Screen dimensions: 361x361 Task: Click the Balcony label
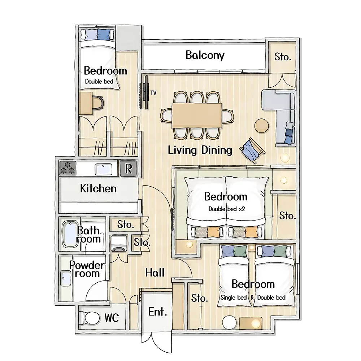205,55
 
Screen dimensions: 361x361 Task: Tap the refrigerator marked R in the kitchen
128,169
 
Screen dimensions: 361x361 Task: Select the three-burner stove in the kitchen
68,168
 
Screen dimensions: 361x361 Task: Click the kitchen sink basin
104,169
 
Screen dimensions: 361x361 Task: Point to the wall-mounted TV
146,92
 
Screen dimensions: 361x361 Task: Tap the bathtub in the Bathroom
71,234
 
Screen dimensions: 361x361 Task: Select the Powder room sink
66,278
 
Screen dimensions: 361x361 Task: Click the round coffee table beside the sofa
261,126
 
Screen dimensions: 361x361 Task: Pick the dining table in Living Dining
197,115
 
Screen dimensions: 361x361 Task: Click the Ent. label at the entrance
157,312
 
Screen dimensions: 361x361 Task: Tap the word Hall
155,273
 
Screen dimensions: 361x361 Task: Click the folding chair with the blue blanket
252,150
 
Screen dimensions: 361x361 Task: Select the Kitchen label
98,188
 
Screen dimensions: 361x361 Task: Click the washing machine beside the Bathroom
119,243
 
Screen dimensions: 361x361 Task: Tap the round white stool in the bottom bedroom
230,322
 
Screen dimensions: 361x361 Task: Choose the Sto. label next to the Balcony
283,57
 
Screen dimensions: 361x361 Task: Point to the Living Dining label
200,150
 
